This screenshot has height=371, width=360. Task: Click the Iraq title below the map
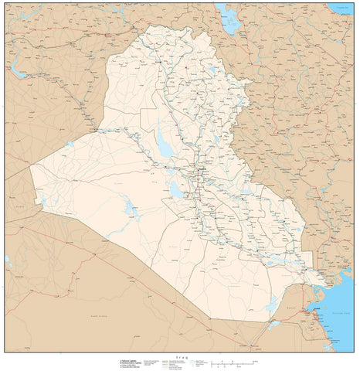[x=182, y=356]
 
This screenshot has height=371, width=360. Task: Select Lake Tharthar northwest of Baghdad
[x=164, y=143]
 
